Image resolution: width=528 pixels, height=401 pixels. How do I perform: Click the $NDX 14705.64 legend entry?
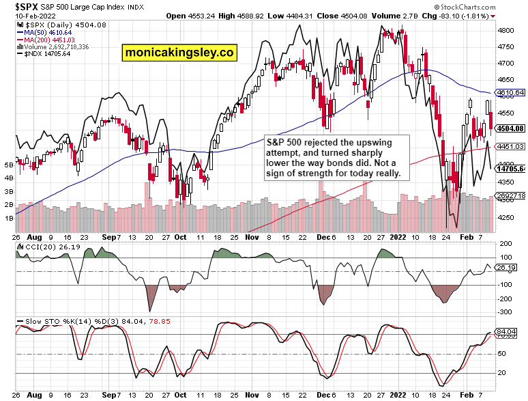[x=44, y=55]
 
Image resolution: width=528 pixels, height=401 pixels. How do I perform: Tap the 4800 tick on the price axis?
[x=505, y=31]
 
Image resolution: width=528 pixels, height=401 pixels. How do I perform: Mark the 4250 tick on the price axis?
[x=505, y=218]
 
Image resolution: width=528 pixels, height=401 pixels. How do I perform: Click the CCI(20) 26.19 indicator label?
[x=47, y=247]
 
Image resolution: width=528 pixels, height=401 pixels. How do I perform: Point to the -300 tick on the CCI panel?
[x=504, y=312]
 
